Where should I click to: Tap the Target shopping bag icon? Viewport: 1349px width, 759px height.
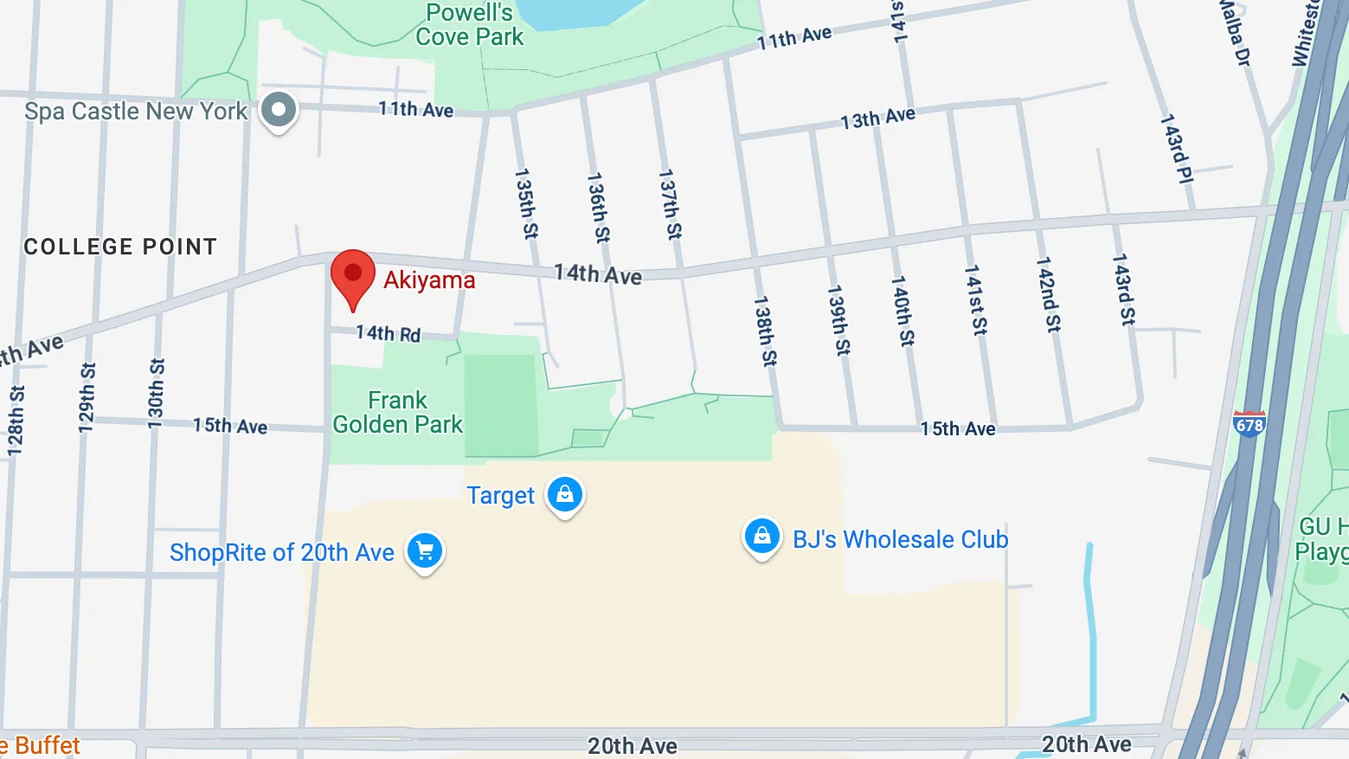565,495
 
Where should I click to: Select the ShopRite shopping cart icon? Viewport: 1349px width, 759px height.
425,550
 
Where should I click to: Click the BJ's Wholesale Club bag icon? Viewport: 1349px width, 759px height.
761,537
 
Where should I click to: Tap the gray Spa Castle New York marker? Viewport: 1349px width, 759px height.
279,110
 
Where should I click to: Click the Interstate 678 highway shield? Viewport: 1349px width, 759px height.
1249,424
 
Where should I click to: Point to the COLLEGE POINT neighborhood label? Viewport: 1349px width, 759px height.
120,247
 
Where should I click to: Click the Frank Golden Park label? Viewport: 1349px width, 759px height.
398,413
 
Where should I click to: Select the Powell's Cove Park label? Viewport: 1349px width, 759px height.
470,25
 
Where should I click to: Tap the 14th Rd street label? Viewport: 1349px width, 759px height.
388,333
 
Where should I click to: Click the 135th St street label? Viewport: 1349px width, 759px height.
525,203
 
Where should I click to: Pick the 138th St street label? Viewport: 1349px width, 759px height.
765,331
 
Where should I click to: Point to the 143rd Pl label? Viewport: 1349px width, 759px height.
1175,148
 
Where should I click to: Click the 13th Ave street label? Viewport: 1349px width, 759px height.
877,118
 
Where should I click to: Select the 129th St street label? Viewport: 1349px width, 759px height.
87,397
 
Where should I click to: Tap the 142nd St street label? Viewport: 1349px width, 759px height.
1048,294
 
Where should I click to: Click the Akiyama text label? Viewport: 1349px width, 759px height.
429,280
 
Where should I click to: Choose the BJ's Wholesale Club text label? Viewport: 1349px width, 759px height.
901,539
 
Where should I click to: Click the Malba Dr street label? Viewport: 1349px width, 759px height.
1234,33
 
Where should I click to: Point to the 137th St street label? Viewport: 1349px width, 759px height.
670,204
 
